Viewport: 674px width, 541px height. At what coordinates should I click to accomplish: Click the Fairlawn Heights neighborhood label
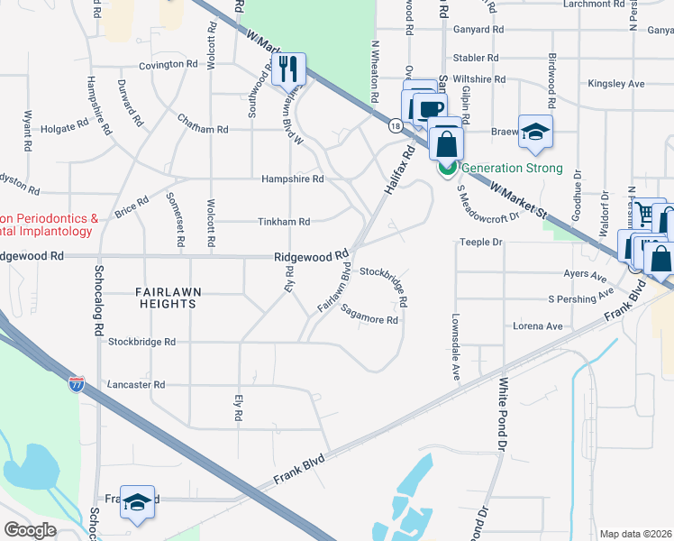[x=166, y=298]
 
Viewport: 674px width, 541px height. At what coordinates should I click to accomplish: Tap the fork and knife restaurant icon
[x=288, y=69]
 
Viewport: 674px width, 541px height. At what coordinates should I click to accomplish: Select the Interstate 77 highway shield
[x=77, y=384]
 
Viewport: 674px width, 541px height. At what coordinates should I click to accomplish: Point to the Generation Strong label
[x=512, y=168]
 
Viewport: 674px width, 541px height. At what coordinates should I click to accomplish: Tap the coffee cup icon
[x=427, y=109]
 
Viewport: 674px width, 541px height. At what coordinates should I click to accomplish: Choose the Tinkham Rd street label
[x=284, y=222]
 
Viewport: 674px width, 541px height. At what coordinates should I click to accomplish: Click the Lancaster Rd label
[x=135, y=384]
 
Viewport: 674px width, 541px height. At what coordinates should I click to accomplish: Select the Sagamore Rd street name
[x=370, y=316]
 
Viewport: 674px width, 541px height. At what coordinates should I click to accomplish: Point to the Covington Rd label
[x=168, y=65]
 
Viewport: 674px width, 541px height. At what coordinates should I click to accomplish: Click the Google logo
[x=30, y=529]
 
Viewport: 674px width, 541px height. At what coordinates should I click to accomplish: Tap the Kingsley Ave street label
[x=616, y=84]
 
